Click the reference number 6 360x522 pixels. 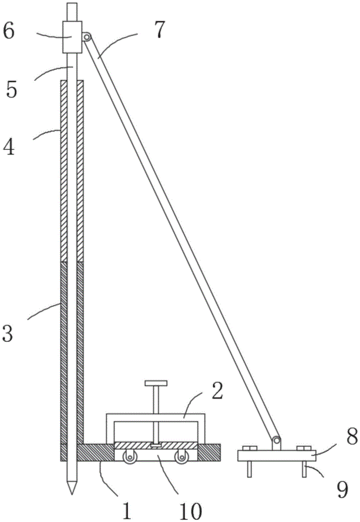(9, 32)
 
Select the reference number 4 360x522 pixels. (9, 147)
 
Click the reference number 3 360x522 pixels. (8, 334)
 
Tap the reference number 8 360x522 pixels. (352, 436)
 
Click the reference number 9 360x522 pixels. (342, 490)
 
